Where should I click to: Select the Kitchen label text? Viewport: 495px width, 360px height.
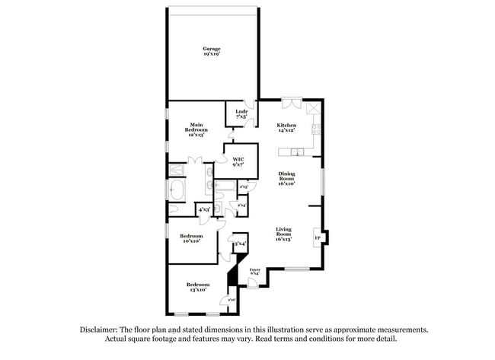[x=286, y=126]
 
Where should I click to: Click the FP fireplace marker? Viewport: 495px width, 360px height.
[x=318, y=238]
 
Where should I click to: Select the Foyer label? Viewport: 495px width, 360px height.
[x=255, y=270]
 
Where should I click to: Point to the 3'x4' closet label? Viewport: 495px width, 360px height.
[x=239, y=244]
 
